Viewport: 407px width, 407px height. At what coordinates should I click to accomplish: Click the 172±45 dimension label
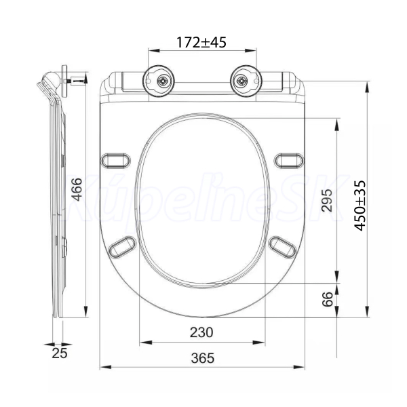(201, 42)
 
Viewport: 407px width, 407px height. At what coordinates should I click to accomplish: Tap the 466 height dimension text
(77, 189)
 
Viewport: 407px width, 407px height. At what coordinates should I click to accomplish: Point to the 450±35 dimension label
(360, 206)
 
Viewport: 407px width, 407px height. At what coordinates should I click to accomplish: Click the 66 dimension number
(327, 299)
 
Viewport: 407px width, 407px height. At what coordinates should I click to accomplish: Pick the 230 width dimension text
(201, 332)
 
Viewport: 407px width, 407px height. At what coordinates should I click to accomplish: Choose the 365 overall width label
(203, 358)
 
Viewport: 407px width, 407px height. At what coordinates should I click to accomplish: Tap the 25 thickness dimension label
(60, 353)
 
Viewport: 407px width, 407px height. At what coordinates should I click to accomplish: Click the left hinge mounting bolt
(163, 81)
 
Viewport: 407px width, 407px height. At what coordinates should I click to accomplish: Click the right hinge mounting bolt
(241, 81)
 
